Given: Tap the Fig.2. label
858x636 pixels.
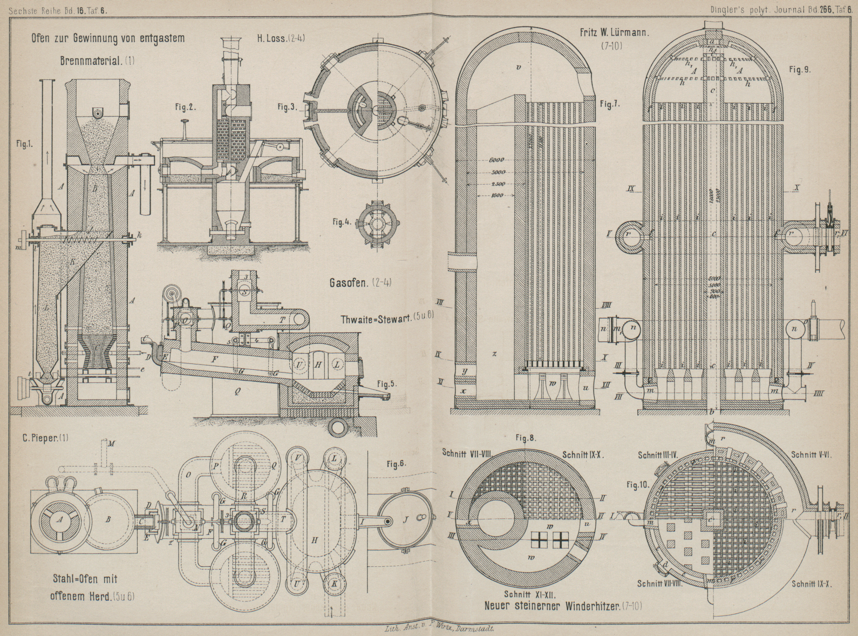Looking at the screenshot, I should (x=185, y=107).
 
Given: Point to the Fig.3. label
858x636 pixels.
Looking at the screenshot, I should (x=288, y=107).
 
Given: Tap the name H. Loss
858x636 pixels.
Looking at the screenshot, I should (x=273, y=38).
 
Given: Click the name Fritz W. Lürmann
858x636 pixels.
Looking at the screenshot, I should (x=616, y=32).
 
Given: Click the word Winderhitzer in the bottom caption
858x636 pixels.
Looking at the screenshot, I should (x=590, y=605).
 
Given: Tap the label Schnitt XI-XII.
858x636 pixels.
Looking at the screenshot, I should (x=526, y=591).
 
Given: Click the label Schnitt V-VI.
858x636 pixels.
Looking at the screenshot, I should (x=811, y=455).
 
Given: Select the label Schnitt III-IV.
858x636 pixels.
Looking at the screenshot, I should (x=662, y=455).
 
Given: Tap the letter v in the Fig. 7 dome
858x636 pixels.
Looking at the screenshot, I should (x=518, y=68).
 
